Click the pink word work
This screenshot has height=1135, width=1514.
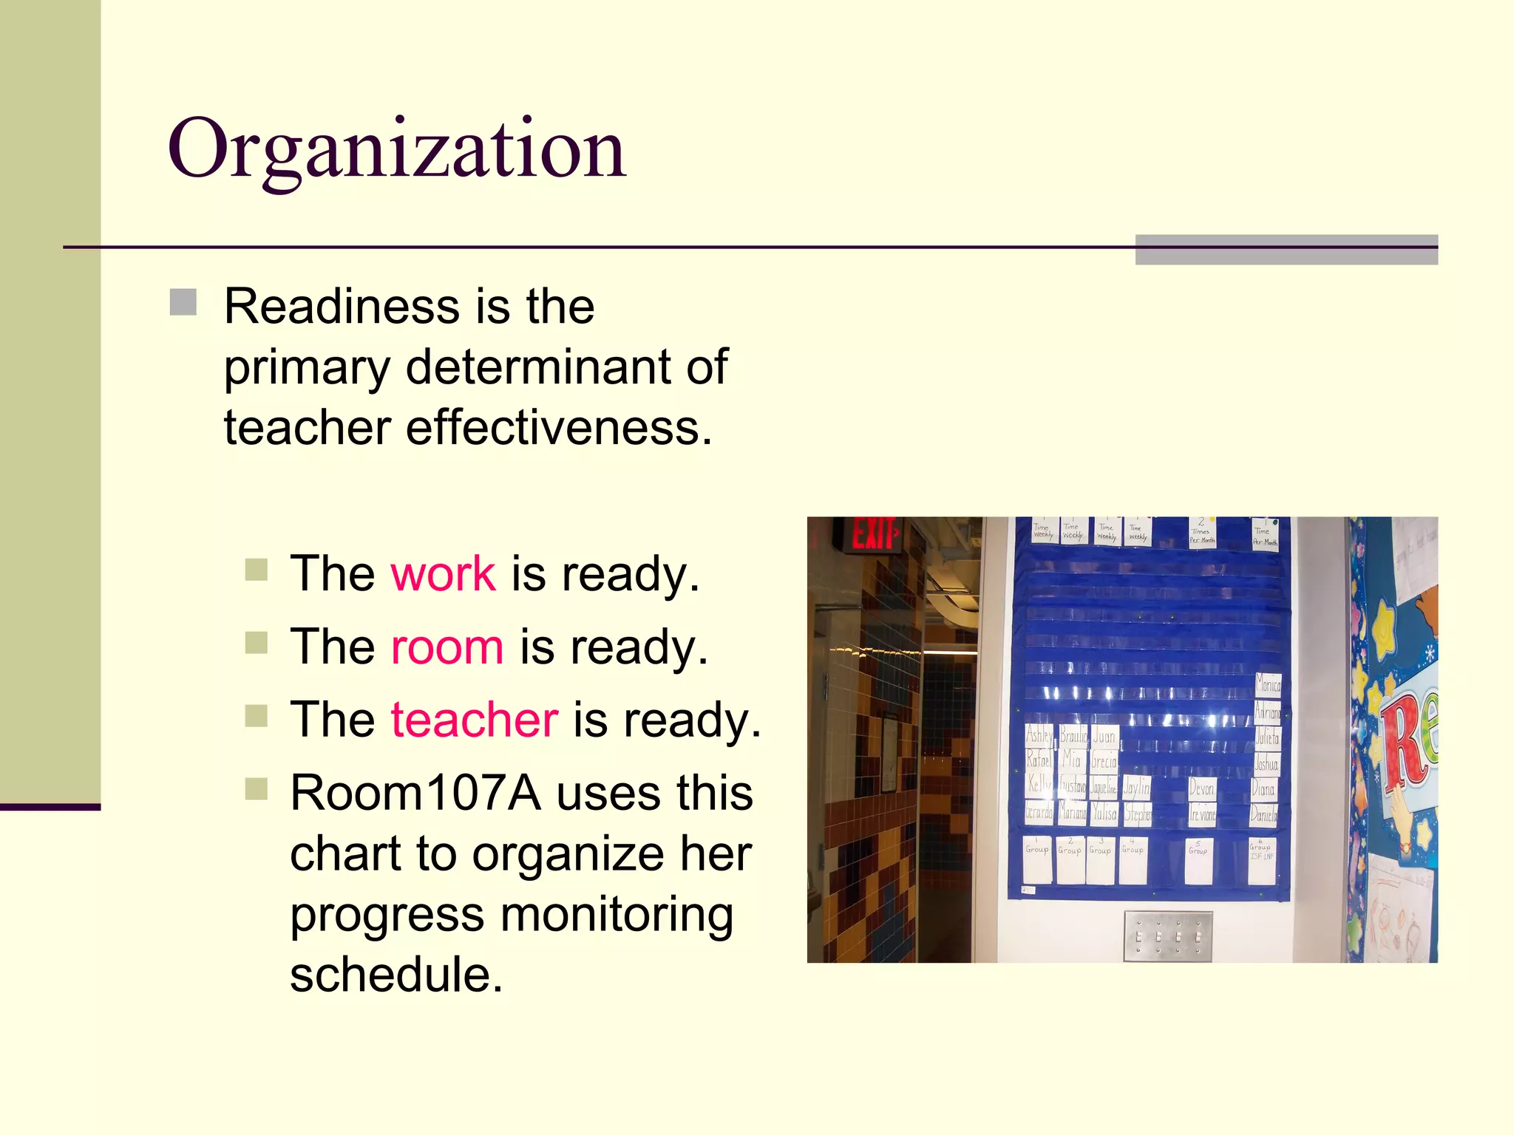(443, 573)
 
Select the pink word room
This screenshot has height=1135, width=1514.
(447, 647)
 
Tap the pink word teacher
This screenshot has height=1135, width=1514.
(474, 720)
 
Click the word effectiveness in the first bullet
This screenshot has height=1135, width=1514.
(558, 428)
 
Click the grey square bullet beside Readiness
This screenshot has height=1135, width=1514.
(183, 302)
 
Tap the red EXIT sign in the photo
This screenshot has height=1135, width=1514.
(875, 534)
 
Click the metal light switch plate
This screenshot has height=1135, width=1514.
(1168, 936)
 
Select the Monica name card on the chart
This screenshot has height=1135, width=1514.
(1268, 685)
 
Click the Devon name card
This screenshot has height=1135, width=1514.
(1201, 788)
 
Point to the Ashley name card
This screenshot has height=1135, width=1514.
(1039, 734)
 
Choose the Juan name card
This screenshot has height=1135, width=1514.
(1104, 736)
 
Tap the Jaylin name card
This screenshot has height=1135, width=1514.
(1136, 788)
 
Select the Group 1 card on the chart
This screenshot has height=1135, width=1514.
(1037, 859)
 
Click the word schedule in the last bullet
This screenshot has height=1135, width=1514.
(396, 975)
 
